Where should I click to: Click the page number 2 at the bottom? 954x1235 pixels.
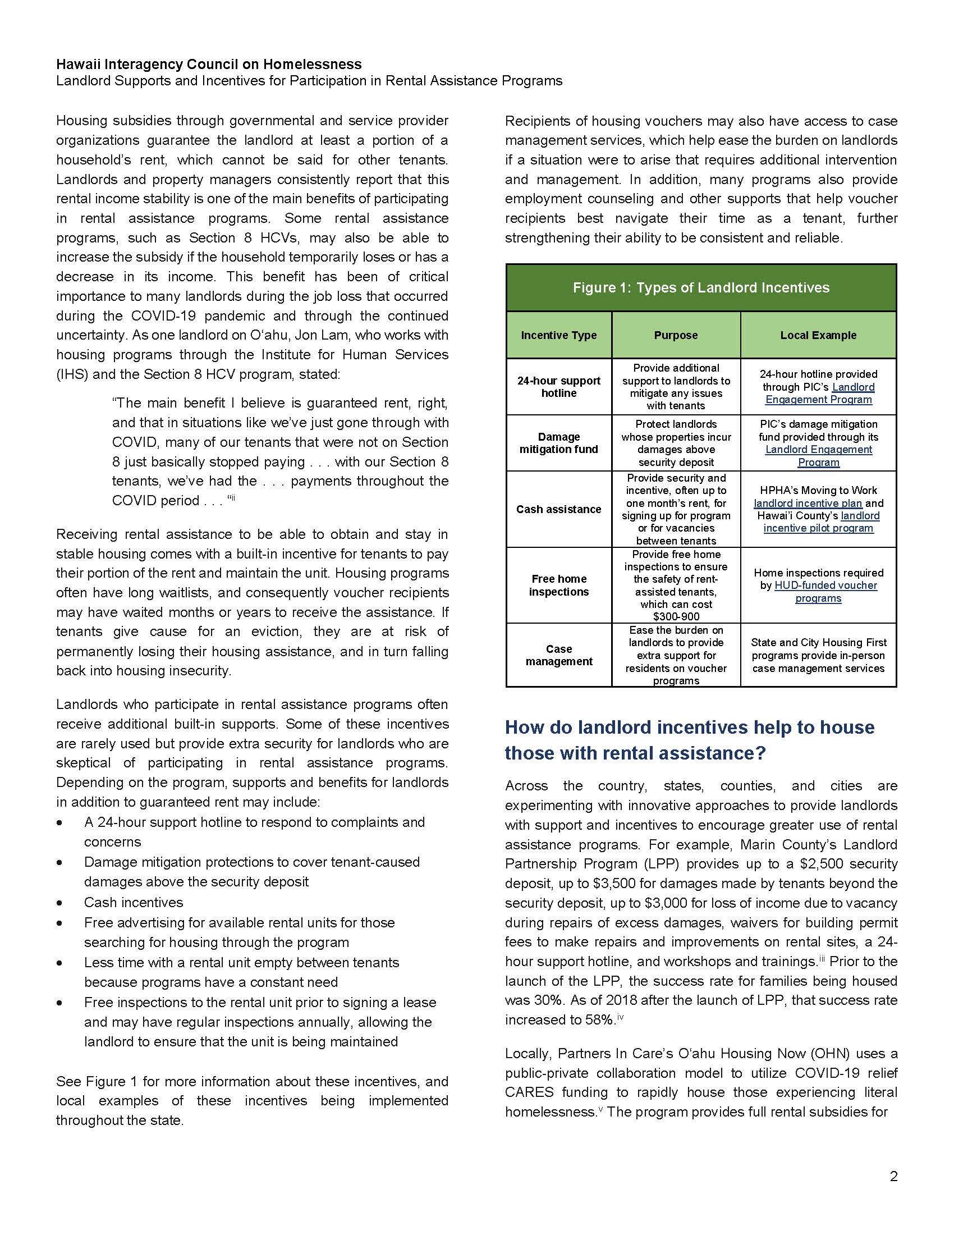pos(893,1176)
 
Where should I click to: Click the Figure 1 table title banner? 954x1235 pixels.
pos(701,287)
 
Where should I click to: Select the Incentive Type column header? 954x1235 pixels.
pos(558,335)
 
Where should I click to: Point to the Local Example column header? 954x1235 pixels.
pos(818,335)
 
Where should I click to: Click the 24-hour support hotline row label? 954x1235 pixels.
pos(558,387)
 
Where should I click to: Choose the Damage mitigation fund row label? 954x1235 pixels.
pos(558,443)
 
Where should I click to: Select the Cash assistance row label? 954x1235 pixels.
pos(558,509)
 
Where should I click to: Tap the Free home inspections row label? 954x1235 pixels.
pos(558,586)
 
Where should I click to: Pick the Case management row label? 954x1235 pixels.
pos(558,655)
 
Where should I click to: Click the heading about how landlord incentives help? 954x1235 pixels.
pos(690,740)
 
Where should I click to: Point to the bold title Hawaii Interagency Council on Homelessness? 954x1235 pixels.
pos(209,65)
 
